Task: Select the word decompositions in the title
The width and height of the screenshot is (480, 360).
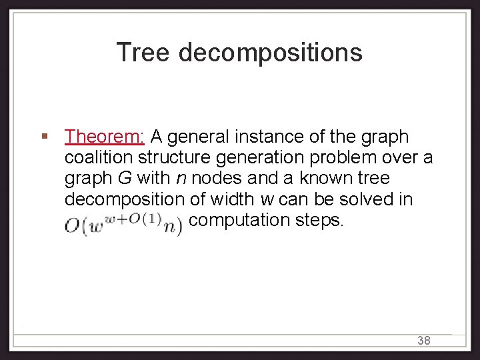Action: click(x=270, y=53)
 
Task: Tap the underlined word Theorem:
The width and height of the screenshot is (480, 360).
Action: click(x=105, y=137)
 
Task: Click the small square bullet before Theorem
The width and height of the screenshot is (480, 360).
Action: click(x=44, y=137)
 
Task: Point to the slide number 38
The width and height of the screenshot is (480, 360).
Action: click(x=424, y=341)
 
